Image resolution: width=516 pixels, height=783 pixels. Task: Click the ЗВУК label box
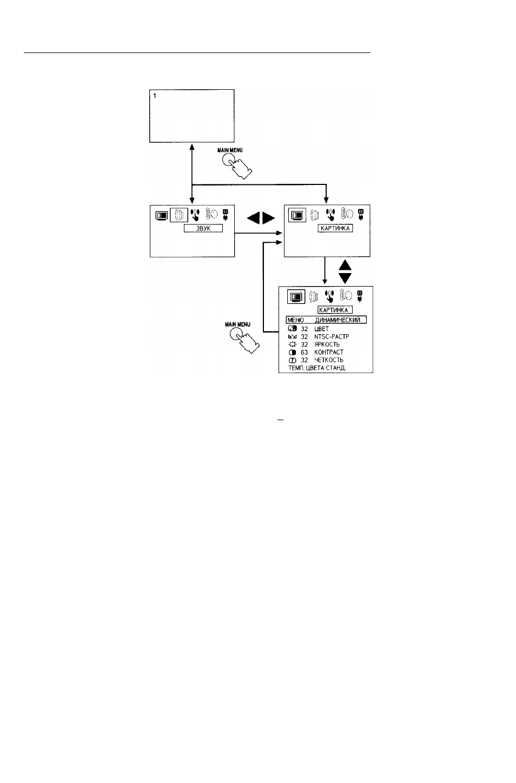[203, 229]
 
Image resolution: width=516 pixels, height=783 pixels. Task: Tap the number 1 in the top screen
[155, 96]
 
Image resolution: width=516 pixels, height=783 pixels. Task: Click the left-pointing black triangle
[254, 218]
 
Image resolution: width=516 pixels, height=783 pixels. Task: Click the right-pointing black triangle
[268, 218]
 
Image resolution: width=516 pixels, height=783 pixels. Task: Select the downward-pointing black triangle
[345, 278]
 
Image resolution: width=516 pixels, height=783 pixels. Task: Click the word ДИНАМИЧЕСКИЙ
[338, 320]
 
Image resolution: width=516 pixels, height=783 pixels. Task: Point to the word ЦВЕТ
[321, 329]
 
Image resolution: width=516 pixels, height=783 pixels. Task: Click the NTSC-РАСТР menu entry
[332, 337]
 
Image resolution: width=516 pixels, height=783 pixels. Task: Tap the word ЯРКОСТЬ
[327, 344]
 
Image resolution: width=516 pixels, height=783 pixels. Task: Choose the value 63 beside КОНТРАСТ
[304, 353]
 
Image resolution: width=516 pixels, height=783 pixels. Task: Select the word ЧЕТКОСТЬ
[329, 360]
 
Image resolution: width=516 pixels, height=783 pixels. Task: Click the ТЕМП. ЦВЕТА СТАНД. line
[317, 368]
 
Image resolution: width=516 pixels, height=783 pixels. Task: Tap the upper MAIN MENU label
[230, 150]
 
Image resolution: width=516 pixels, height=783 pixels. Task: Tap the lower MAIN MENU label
[237, 325]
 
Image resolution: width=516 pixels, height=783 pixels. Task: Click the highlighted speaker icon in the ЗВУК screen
[178, 215]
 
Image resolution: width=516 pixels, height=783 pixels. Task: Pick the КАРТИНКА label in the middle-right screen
[335, 229]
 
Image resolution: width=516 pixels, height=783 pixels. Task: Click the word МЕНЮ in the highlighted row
[295, 320]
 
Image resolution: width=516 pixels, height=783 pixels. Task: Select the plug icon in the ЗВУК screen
[226, 215]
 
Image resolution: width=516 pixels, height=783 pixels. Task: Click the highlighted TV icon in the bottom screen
[296, 297]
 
